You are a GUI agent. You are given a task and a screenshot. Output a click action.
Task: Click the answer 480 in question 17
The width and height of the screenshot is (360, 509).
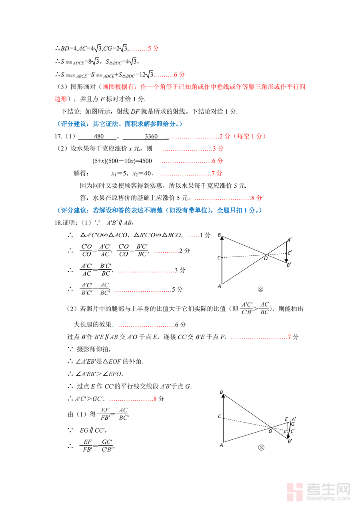[99, 136]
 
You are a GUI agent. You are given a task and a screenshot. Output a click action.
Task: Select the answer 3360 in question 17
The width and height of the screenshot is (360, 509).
[151, 136]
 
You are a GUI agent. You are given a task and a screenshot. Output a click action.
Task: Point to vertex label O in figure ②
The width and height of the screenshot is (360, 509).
[265, 258]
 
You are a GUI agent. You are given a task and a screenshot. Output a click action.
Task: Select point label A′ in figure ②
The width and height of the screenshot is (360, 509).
[289, 240]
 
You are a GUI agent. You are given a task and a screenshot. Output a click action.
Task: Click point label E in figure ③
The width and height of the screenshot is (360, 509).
[286, 419]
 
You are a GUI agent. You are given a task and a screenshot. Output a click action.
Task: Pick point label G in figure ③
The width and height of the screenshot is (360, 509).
[293, 424]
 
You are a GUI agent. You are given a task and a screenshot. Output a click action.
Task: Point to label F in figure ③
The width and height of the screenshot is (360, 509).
[284, 433]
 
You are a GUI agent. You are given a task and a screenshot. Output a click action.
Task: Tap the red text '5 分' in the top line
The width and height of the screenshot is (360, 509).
[154, 48]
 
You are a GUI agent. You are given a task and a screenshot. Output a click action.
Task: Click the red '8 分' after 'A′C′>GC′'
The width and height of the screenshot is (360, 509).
[158, 399]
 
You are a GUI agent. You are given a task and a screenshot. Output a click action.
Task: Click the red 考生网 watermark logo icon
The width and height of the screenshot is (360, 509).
[295, 492]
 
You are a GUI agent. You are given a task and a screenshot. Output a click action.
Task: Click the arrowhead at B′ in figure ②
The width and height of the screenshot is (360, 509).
[287, 261]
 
